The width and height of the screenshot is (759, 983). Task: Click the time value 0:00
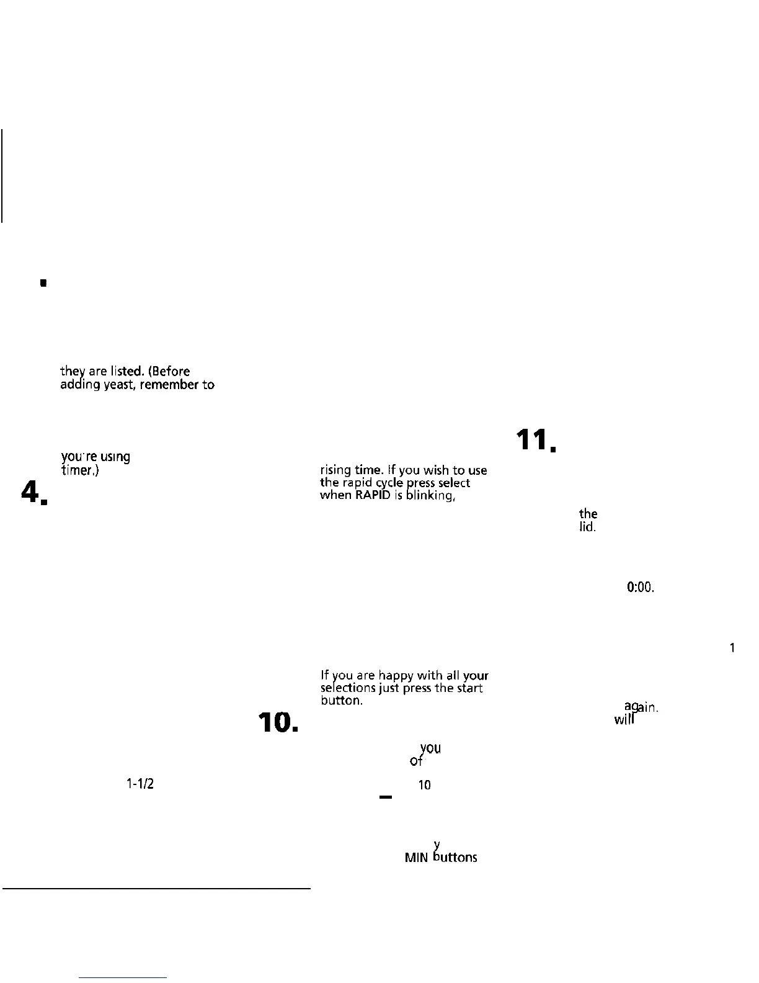coord(641,587)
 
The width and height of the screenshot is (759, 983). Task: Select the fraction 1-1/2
coord(140,784)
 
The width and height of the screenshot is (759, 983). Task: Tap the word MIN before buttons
coord(416,858)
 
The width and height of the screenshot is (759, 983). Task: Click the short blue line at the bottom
coord(123,977)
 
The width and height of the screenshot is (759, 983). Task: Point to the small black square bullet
coord(43,284)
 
